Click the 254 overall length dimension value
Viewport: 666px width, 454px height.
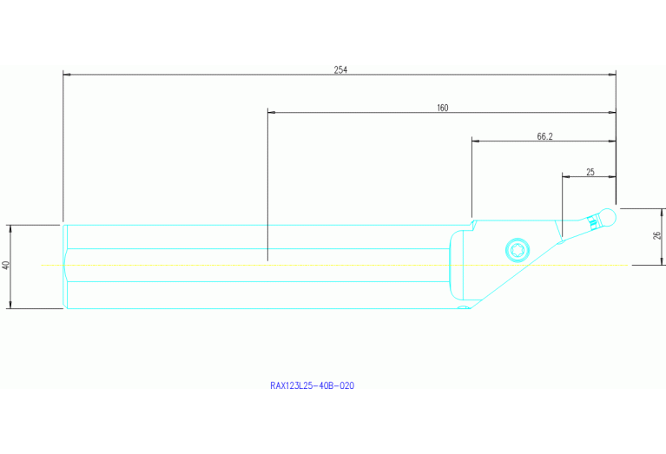340,70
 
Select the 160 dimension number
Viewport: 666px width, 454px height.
443,109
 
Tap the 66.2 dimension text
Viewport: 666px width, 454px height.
545,136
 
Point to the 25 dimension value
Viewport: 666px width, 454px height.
590,172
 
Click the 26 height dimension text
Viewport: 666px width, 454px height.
657,236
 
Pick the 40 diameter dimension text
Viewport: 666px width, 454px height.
5,265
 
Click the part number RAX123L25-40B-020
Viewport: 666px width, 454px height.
312,385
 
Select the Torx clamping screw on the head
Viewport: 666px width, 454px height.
518,250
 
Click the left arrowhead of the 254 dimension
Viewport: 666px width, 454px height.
67,75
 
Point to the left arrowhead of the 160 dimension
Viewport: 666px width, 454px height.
272,113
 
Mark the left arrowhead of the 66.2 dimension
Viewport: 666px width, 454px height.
475,141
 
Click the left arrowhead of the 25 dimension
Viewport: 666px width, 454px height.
566,176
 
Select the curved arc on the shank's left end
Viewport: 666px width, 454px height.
64,265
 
